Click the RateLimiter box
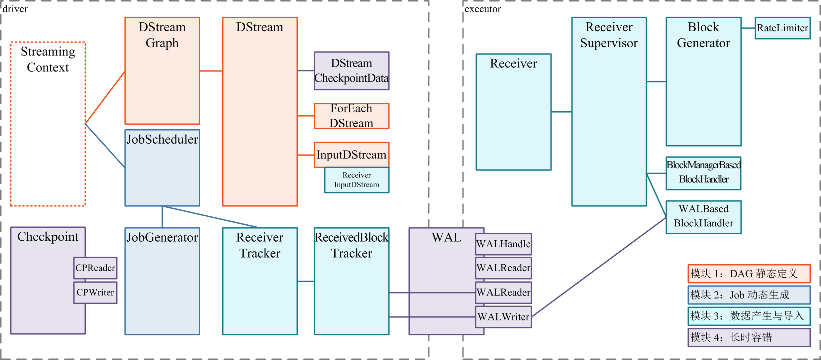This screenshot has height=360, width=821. [x=782, y=28]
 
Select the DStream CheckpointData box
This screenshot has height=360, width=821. [x=352, y=71]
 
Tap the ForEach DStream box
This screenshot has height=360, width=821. [x=352, y=116]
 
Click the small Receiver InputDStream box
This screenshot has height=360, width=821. [x=357, y=180]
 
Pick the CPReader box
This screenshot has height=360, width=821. [x=95, y=268]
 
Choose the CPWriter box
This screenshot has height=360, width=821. [x=95, y=293]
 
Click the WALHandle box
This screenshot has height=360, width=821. [x=503, y=244]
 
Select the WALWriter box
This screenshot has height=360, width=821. [x=503, y=317]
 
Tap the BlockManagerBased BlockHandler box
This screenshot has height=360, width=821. [x=703, y=173]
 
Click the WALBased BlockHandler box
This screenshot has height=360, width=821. [x=703, y=217]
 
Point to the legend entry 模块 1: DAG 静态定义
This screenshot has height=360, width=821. [x=749, y=274]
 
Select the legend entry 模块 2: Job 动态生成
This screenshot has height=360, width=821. [x=749, y=295]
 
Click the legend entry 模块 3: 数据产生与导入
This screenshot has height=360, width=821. [x=749, y=316]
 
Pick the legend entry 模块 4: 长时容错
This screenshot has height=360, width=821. [x=749, y=337]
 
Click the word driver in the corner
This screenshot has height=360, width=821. [x=15, y=9]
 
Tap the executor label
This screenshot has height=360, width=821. [x=483, y=9]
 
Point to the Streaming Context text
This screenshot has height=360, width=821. [x=48, y=59]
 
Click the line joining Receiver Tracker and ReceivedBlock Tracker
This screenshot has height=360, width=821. [x=306, y=282]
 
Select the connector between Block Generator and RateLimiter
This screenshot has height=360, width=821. [x=748, y=28]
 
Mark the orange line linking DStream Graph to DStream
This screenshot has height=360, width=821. [x=211, y=71]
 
